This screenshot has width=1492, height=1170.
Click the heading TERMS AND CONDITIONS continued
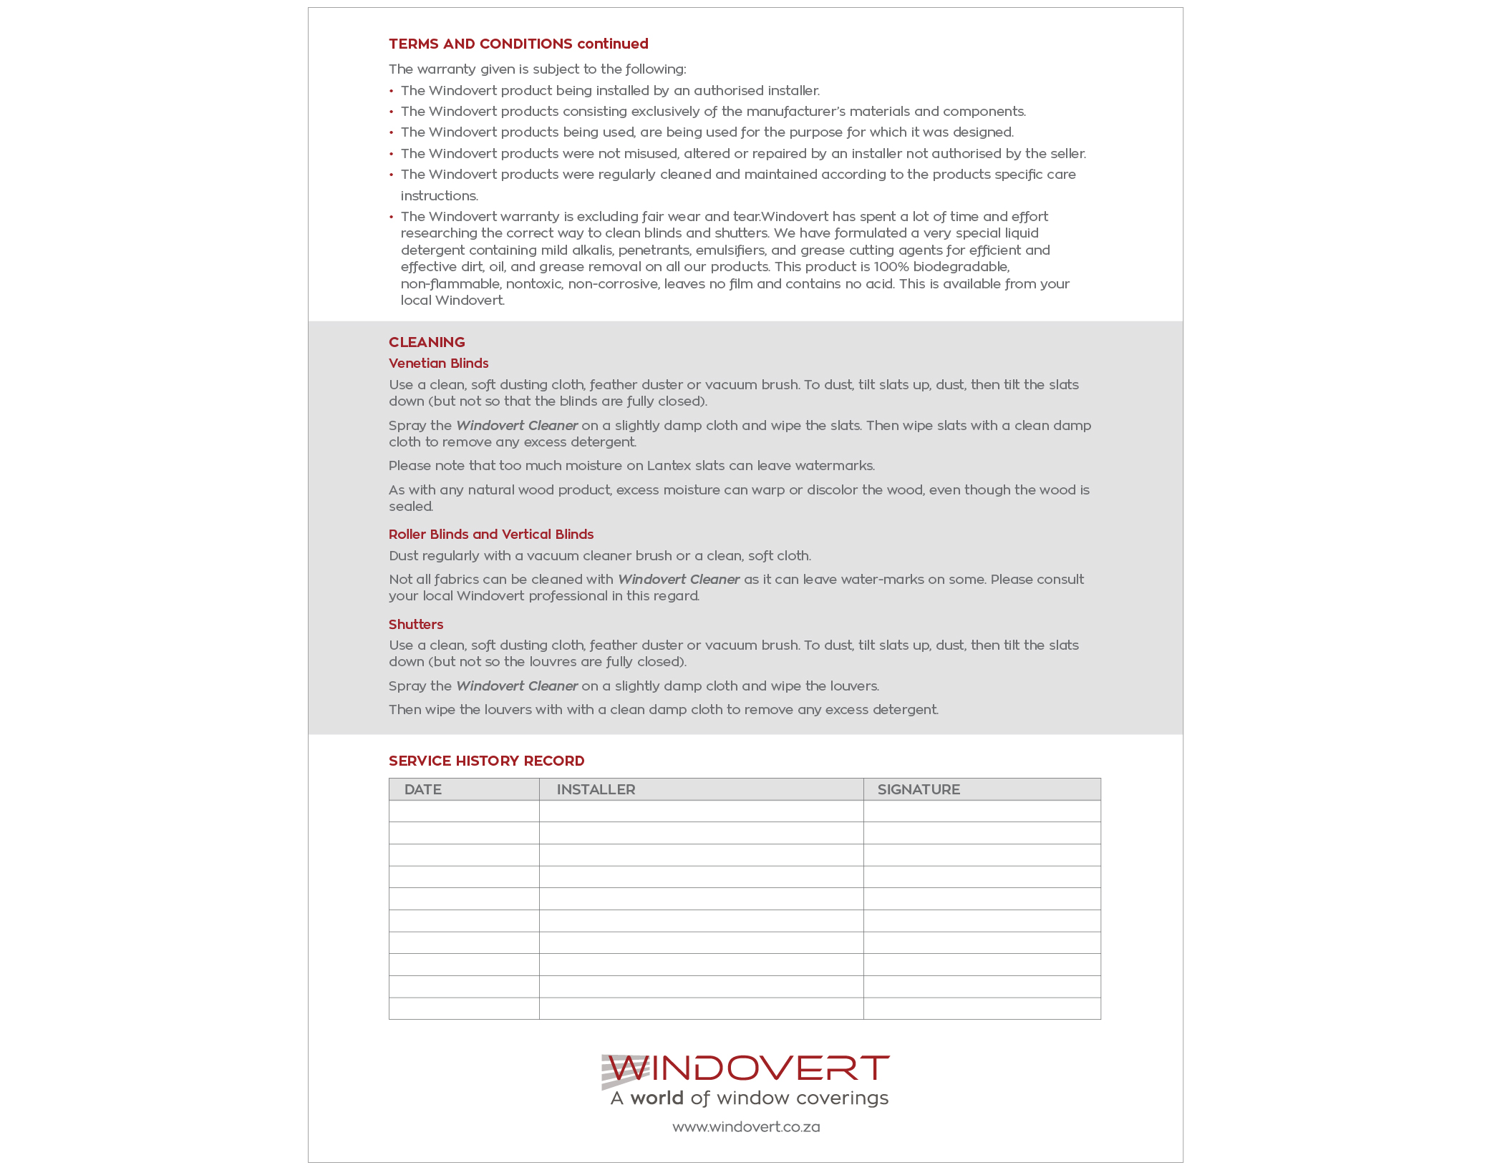click(518, 44)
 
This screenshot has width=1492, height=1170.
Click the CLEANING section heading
click(427, 342)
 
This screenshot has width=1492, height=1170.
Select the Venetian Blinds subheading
click(438, 363)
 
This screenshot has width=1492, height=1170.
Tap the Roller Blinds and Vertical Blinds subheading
click(491, 534)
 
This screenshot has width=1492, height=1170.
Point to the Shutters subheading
click(416, 624)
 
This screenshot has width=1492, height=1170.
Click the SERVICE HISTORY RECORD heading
click(486, 761)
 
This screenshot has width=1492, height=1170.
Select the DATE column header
click(422, 789)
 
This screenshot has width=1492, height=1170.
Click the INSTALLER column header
click(596, 789)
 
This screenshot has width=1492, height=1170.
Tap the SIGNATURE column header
click(919, 789)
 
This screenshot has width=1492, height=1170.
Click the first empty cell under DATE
click(464, 811)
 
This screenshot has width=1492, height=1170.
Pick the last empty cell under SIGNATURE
click(982, 1008)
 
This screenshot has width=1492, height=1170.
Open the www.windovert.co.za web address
click(746, 1127)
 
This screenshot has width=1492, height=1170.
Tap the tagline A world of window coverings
click(749, 1098)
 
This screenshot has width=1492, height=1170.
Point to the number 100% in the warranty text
click(891, 267)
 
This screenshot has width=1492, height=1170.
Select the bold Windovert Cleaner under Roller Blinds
click(679, 580)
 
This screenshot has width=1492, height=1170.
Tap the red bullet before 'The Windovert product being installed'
click(392, 91)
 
